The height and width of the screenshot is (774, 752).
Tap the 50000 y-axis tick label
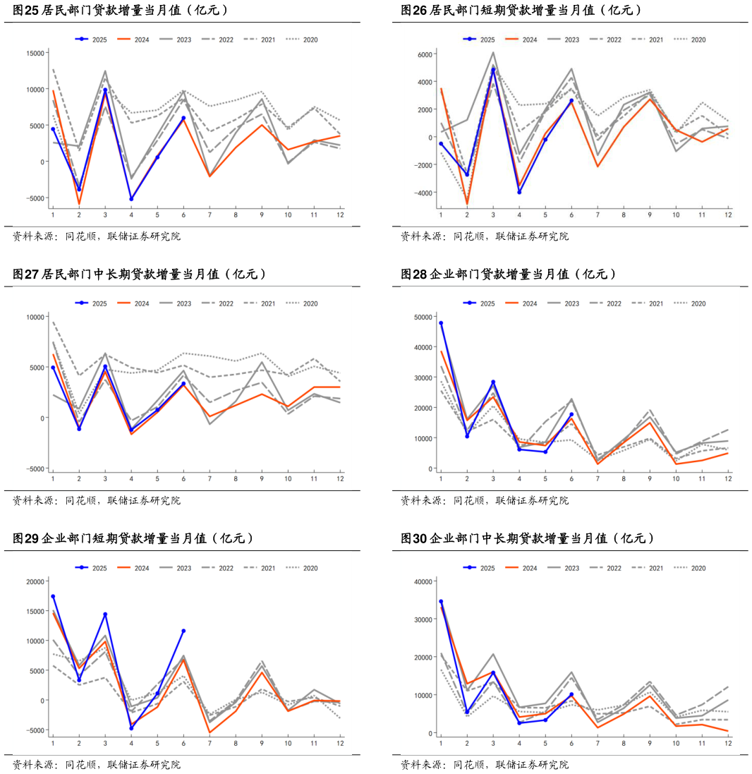click(x=425, y=317)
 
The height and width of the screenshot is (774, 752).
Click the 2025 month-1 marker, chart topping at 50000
click(x=441, y=323)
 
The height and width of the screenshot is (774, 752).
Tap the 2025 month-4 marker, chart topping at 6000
click(x=519, y=192)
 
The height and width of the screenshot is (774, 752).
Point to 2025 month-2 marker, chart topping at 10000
click(x=79, y=429)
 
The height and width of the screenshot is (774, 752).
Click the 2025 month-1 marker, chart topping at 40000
click(x=441, y=602)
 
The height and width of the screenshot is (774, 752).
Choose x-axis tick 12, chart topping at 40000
click(x=728, y=743)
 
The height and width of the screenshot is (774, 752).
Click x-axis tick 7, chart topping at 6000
click(x=598, y=214)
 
